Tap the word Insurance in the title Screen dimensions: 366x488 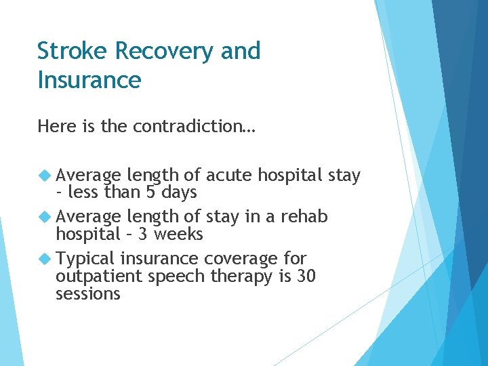click(x=89, y=81)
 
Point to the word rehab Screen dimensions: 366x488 click(x=305, y=217)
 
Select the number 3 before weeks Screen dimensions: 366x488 click(x=142, y=234)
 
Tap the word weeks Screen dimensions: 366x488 click(x=178, y=234)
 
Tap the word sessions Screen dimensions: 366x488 click(x=88, y=293)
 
